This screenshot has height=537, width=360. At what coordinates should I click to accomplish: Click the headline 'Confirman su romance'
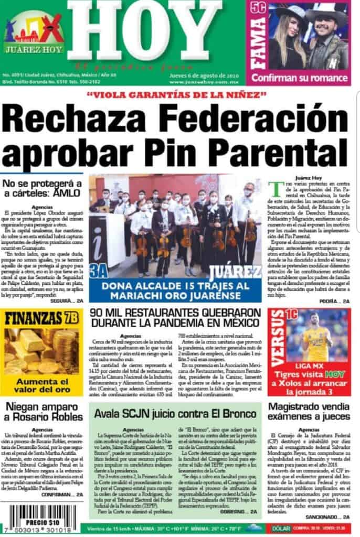[x=300, y=77]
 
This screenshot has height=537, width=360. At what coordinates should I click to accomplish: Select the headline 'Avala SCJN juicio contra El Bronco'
[x=176, y=413]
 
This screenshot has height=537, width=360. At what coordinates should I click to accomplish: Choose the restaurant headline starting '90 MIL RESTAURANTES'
[x=175, y=318]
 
